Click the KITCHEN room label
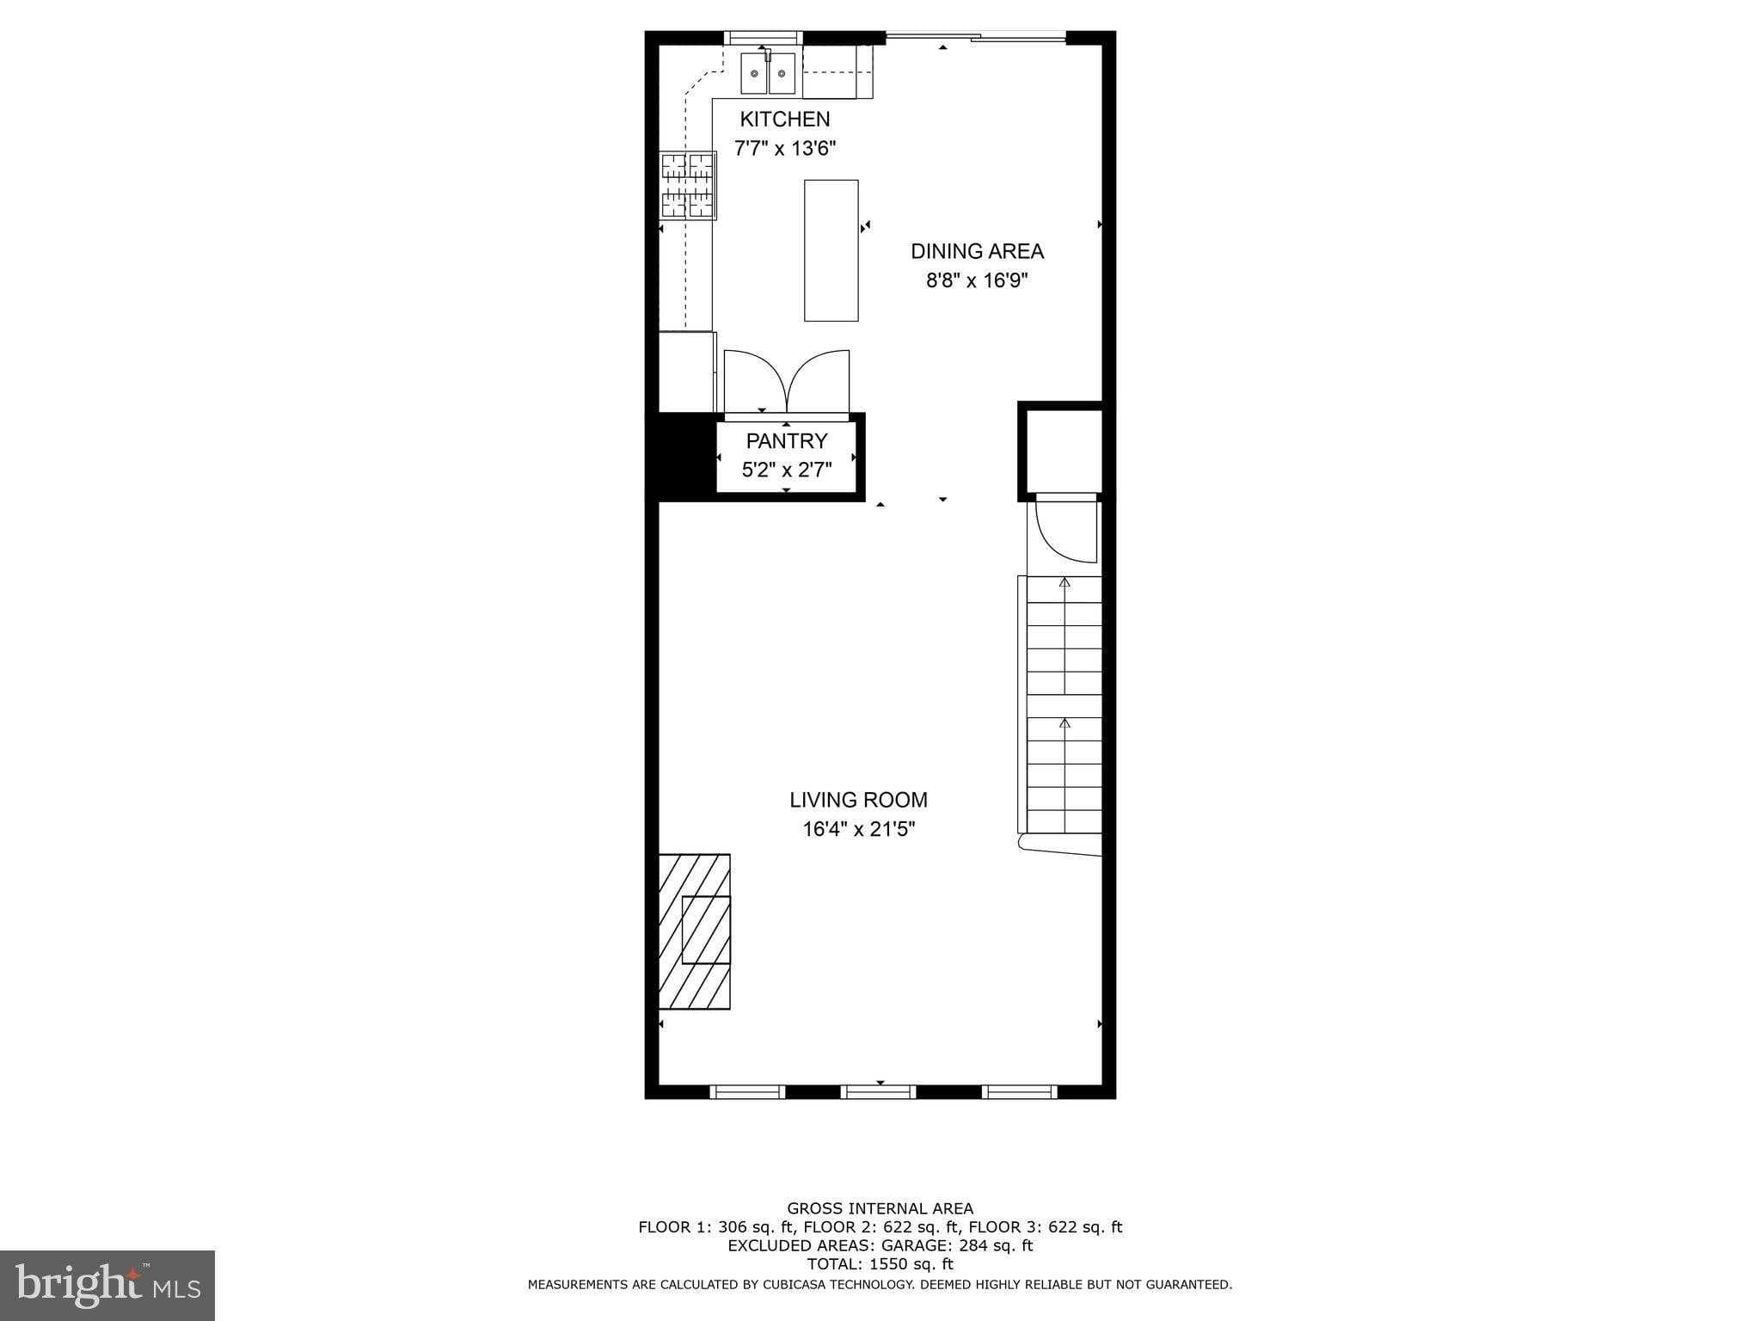coord(784,120)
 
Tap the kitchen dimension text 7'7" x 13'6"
coord(784,149)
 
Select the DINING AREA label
coord(977,251)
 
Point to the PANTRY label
coord(786,441)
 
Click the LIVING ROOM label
coord(858,800)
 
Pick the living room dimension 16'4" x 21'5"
coord(858,829)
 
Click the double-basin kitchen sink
coord(768,74)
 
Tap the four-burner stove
coord(688,186)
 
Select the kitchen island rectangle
coord(831,250)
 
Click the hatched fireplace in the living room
coord(695,931)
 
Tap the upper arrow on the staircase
coord(1065,583)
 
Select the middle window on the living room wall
coord(879,1091)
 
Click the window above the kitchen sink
coord(763,38)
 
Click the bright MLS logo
coord(107,1285)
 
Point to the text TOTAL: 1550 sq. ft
coord(880,1264)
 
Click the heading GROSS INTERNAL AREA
coord(880,1208)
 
